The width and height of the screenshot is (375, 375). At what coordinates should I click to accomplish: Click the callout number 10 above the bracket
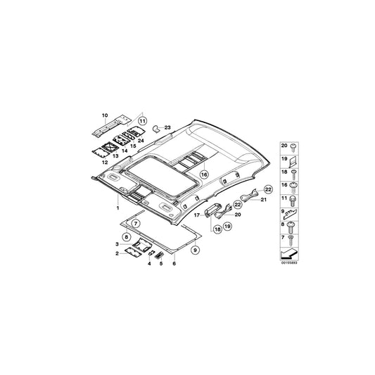(105, 115)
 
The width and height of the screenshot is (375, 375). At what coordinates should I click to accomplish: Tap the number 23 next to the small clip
(167, 127)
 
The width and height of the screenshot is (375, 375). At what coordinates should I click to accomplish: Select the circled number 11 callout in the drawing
(142, 121)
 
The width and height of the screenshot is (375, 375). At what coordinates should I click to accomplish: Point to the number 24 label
(141, 141)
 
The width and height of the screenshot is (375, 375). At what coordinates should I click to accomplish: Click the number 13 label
(115, 156)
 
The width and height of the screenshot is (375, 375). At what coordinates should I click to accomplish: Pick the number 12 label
(105, 163)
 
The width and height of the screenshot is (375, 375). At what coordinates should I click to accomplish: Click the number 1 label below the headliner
(117, 208)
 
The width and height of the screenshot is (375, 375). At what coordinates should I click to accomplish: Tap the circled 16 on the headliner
(204, 174)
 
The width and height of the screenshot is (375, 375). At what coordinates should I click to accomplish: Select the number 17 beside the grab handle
(196, 215)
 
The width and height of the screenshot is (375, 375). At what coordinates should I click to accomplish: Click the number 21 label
(263, 200)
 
